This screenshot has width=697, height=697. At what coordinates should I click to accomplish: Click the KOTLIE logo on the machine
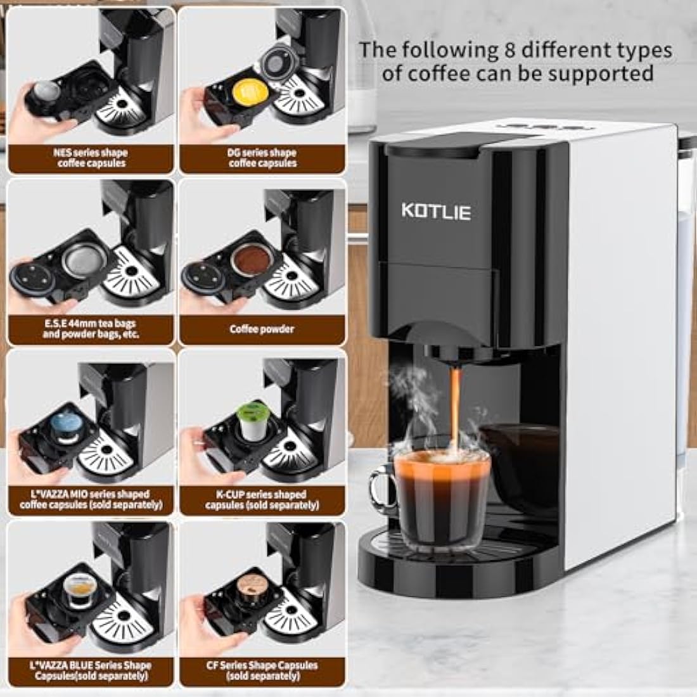436,211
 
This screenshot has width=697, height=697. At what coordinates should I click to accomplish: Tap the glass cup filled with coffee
442,497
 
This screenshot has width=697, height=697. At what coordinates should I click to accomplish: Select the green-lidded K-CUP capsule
250,412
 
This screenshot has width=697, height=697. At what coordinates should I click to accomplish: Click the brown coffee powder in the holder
248,260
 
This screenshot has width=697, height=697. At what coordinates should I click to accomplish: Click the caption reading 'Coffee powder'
262,329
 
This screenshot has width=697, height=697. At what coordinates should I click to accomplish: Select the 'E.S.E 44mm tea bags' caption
91,329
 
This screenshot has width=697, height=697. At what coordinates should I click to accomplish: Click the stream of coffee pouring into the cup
455,406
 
